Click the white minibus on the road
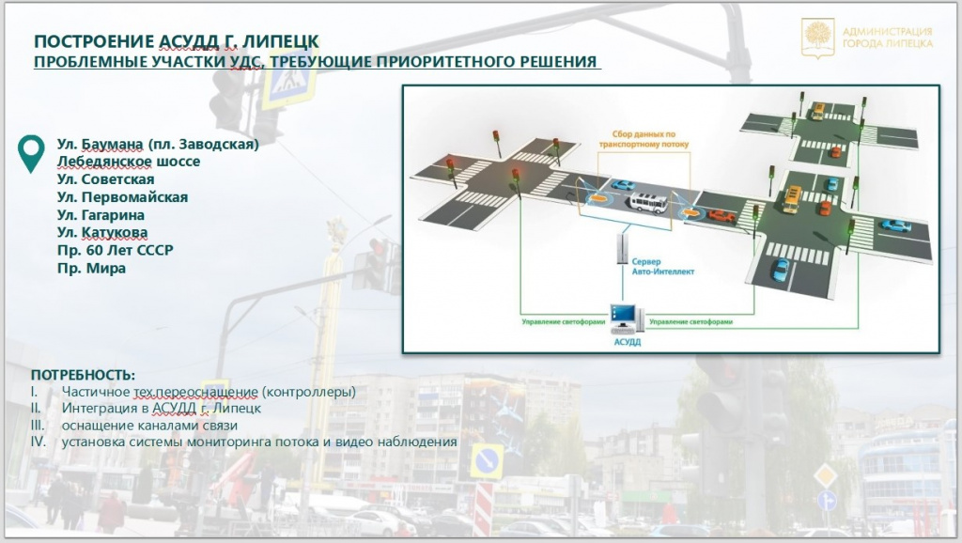[648, 203]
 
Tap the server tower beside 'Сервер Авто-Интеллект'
[623, 249]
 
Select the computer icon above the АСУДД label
[626, 318]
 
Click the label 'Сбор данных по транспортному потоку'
[644, 139]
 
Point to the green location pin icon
[31, 153]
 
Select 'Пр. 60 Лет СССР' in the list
[116, 250]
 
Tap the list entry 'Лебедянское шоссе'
[129, 162]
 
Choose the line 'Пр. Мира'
[91, 268]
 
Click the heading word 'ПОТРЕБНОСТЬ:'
[83, 375]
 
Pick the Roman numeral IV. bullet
[38, 442]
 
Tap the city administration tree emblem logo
[818, 38]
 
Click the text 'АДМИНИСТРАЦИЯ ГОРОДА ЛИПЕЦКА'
[887, 38]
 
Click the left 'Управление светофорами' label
[564, 321]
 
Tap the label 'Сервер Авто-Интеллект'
[663, 266]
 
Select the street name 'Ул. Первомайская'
[122, 197]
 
